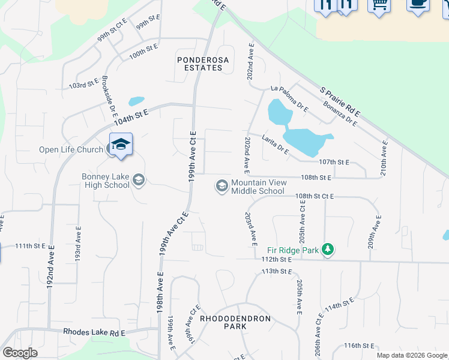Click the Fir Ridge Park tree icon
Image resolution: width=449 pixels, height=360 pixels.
tap(327, 248)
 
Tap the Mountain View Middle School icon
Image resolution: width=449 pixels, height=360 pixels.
tap(222, 186)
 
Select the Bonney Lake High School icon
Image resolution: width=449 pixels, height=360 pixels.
tap(139, 179)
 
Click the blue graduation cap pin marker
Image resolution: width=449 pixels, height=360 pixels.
tap(121, 145)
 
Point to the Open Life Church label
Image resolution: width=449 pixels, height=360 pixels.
tap(71, 149)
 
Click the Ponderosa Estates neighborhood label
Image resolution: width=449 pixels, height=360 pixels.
tap(199, 64)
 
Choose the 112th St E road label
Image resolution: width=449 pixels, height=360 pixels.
tap(276, 259)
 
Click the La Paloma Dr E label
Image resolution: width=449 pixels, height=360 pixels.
tap(289, 98)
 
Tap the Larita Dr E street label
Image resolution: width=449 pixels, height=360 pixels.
tap(275, 145)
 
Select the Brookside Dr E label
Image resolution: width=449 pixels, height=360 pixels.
tap(108, 95)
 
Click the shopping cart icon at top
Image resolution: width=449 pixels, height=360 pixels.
tap(379, 5)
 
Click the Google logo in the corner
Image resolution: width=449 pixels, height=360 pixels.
tap(20, 353)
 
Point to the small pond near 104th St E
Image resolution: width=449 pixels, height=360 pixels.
tap(136, 101)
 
